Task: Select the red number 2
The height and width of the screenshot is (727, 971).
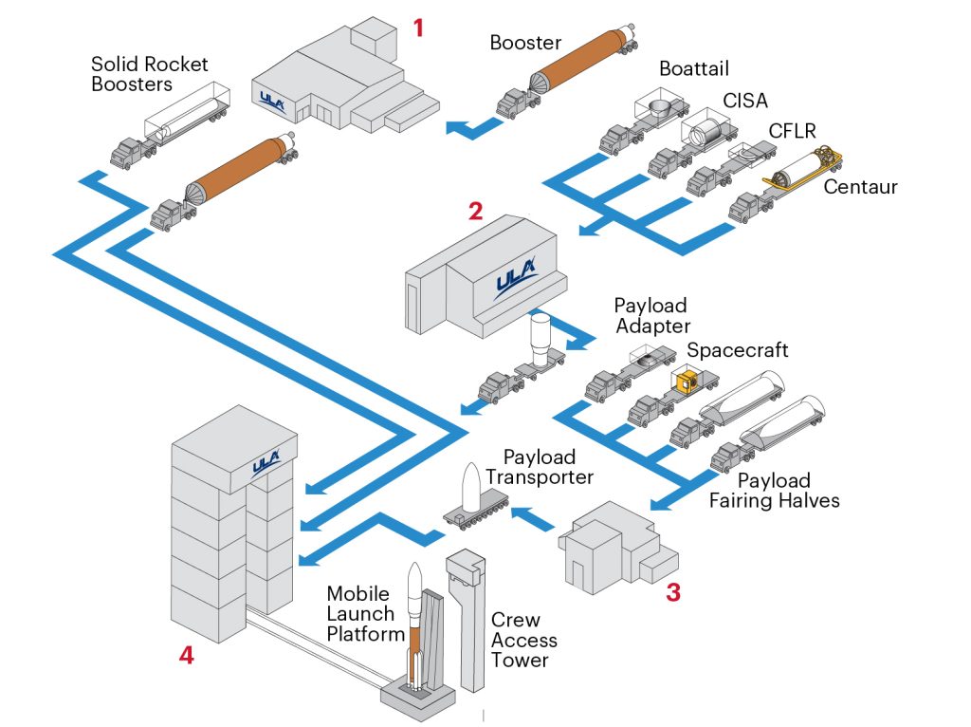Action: pyautogui.click(x=475, y=210)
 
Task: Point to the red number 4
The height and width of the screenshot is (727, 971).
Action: pyautogui.click(x=187, y=655)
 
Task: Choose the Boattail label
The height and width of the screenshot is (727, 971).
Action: pyautogui.click(x=694, y=71)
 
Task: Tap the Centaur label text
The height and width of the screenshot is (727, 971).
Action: pyautogui.click(x=860, y=187)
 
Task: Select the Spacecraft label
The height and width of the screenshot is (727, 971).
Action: pyautogui.click(x=738, y=350)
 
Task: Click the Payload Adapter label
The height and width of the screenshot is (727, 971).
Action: pyautogui.click(x=651, y=316)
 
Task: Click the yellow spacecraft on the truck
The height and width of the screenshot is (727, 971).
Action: pyautogui.click(x=685, y=382)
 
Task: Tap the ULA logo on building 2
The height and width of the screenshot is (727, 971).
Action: pyautogui.click(x=515, y=283)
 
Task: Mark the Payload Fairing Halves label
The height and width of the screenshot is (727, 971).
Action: pyautogui.click(x=775, y=490)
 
